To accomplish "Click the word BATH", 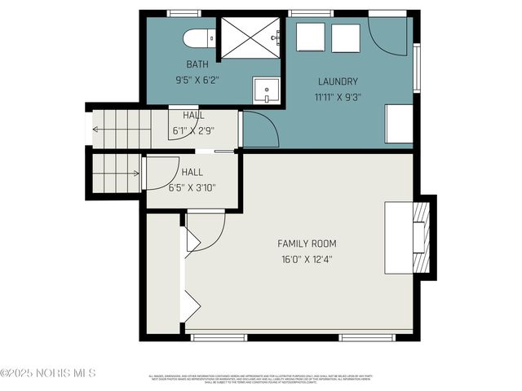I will point(197,64).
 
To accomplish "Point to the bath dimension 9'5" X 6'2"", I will point(197,80).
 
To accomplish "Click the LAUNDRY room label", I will point(337,81).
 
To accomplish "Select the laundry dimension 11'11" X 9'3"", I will point(337,96).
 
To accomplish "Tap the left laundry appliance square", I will point(310,37).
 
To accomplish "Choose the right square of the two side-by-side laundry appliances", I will point(346,37).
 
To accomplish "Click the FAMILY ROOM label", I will point(307,244).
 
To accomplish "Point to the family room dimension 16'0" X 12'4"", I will point(307,259).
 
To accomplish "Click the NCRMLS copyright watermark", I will point(49,373).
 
